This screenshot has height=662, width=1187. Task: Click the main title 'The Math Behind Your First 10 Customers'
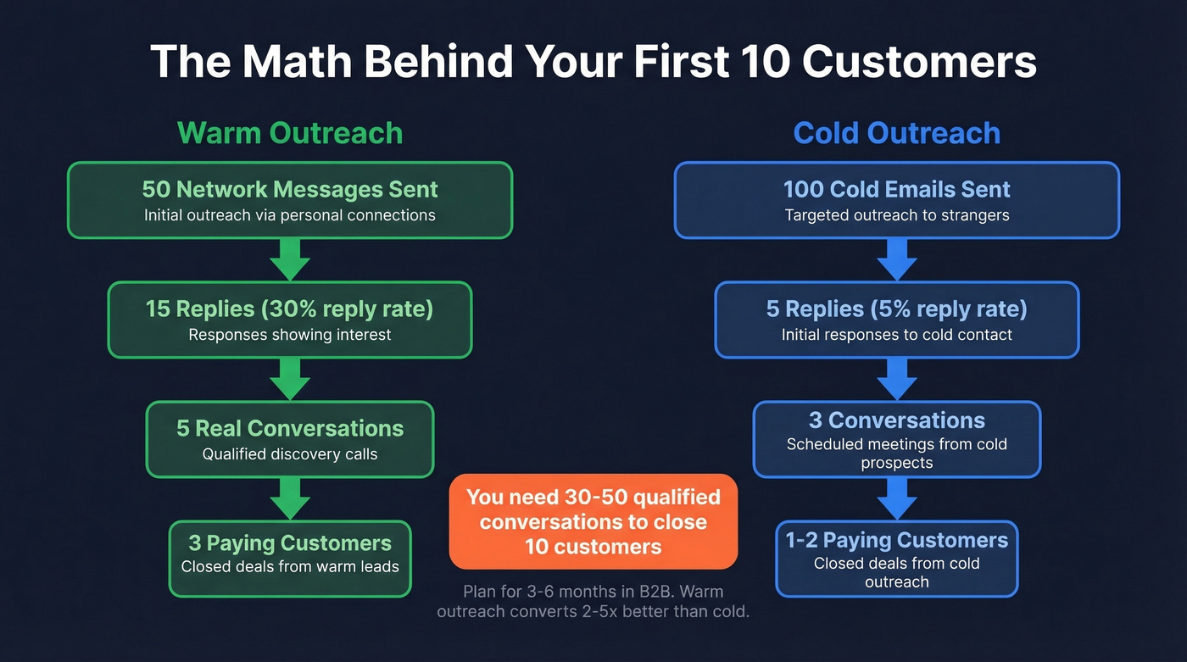click(x=593, y=62)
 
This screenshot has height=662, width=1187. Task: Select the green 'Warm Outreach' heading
click(x=290, y=133)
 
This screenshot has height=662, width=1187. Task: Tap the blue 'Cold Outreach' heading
click(x=896, y=133)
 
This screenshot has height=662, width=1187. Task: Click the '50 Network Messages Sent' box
click(x=290, y=200)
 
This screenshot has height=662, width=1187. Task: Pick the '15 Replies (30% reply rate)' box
click(x=290, y=320)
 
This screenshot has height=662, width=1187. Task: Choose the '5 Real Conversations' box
click(x=290, y=439)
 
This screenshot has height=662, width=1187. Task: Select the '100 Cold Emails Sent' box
click(x=896, y=200)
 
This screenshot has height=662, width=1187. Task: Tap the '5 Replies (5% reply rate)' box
click(x=896, y=320)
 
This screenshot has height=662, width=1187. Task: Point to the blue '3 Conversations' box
click(x=896, y=439)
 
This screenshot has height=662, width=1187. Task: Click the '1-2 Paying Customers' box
click(x=896, y=559)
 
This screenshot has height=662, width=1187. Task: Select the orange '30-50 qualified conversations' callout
click(x=593, y=521)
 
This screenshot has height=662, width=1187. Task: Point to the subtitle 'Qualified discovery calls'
click(x=290, y=454)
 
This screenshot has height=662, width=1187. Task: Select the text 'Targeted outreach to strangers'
click(x=896, y=215)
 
